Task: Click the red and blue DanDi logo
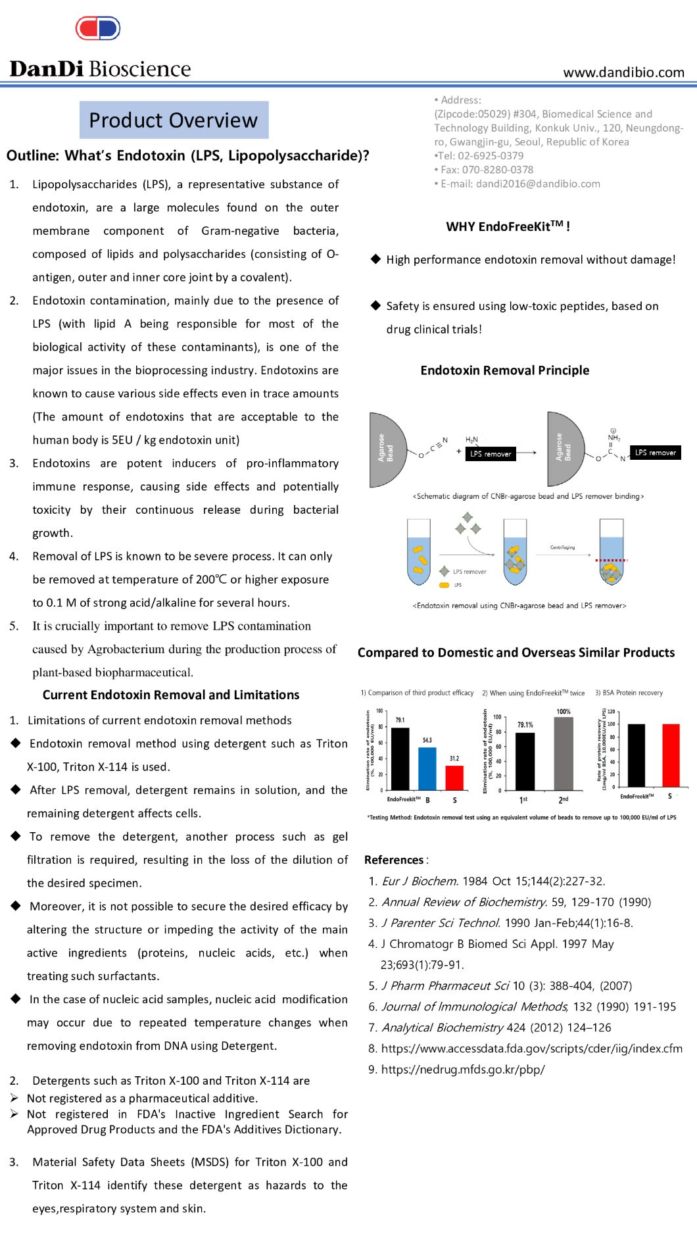coord(98,28)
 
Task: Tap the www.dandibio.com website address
coord(623,72)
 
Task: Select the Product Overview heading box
coord(174,120)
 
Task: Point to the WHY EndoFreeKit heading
coord(508,226)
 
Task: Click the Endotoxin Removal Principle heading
coord(504,370)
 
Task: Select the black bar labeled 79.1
coord(400,758)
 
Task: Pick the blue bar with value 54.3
coord(427,768)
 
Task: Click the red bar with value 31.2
coord(454,778)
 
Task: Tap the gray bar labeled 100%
coord(564,753)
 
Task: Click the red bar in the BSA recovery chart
coord(671,755)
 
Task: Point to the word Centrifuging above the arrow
coord(562,547)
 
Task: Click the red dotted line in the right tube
coord(612,560)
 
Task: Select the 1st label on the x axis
coord(523,800)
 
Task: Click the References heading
coord(395,860)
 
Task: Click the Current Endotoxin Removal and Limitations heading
coord(171,695)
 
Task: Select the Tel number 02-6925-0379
coord(493,156)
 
